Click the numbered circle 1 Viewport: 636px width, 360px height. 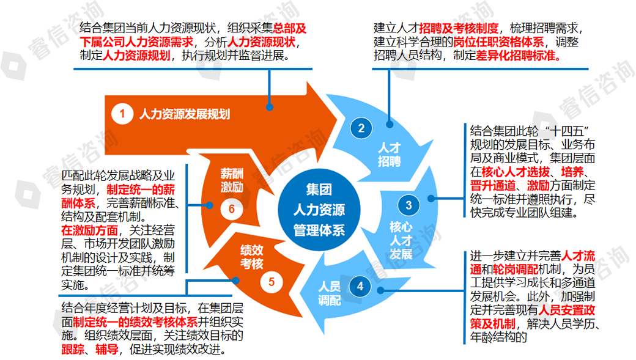click(x=122, y=114)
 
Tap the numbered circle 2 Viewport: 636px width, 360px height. click(x=361, y=128)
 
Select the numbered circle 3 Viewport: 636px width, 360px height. click(x=409, y=205)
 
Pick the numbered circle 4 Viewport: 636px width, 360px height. click(x=360, y=285)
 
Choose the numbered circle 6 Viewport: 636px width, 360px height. click(x=232, y=209)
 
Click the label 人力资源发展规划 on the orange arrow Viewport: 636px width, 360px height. click(x=184, y=114)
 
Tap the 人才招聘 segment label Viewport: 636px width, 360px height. click(x=389, y=155)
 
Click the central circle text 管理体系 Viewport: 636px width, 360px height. click(x=319, y=231)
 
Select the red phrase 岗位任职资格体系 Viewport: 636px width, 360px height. click(x=498, y=42)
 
